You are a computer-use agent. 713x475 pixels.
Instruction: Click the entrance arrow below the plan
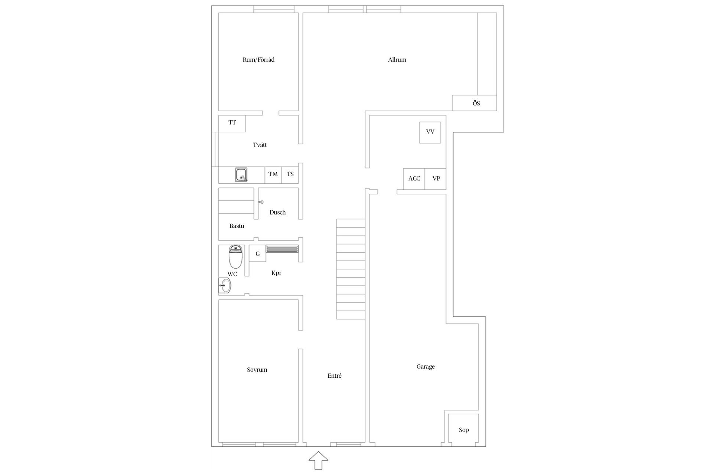(x=318, y=461)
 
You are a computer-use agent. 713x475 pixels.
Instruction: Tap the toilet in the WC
(x=235, y=257)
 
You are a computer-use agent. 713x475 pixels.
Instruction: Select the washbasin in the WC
(x=225, y=286)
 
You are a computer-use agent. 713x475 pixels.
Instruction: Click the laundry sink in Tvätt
(x=241, y=175)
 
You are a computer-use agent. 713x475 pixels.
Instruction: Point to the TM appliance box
(x=273, y=174)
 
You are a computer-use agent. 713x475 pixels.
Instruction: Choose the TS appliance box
(x=290, y=174)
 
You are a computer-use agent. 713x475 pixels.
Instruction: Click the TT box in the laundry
(x=232, y=123)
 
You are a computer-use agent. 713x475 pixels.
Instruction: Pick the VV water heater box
(x=430, y=132)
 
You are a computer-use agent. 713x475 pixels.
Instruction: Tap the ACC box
(x=414, y=179)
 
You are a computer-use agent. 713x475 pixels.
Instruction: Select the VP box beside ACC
(x=436, y=179)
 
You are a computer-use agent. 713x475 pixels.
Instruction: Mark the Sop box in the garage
(x=463, y=429)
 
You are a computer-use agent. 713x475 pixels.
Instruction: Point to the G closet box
(x=257, y=254)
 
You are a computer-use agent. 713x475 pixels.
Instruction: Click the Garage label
(x=426, y=367)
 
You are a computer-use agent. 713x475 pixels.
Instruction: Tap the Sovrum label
(x=257, y=370)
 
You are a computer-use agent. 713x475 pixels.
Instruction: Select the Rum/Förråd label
(x=258, y=60)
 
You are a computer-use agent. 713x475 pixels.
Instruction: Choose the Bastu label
(x=237, y=226)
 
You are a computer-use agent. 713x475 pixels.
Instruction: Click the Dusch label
(x=277, y=212)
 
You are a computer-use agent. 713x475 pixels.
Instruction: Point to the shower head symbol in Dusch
(x=261, y=202)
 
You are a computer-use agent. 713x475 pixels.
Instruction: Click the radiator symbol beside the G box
(x=282, y=249)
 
